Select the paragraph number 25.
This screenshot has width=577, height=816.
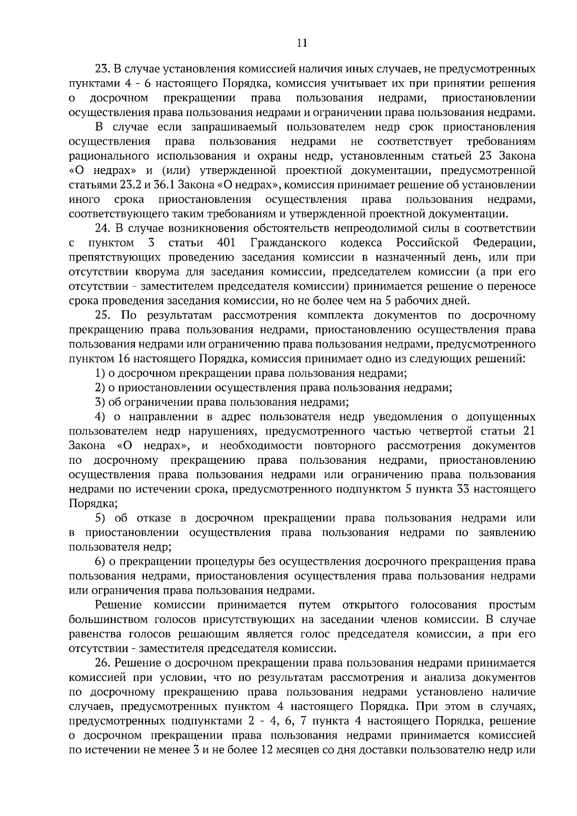click(x=104, y=315)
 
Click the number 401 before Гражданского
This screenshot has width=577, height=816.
click(x=226, y=243)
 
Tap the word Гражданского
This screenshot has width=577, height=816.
click(x=288, y=243)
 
